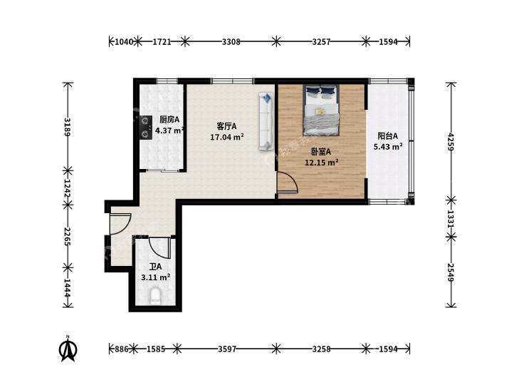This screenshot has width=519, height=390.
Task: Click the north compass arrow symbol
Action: click(68, 349)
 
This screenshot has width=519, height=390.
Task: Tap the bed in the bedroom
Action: click(321, 110)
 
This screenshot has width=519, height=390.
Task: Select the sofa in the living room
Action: click(266, 121)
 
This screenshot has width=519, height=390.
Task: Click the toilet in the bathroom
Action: click(155, 296)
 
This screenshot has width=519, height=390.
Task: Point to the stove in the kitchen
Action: click(145, 127)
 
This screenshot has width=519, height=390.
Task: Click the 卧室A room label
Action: click(321, 152)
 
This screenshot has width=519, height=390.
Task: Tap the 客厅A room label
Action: click(226, 126)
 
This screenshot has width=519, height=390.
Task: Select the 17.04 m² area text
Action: click(227, 136)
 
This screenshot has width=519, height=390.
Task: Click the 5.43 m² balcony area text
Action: click(388, 146)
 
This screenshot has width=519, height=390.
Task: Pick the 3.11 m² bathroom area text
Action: click(156, 277)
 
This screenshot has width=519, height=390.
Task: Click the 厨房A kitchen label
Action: click(169, 119)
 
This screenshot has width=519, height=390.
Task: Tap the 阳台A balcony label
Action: click(387, 136)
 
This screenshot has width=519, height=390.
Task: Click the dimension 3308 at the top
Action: click(231, 42)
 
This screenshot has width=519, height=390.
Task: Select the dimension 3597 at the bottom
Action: click(227, 349)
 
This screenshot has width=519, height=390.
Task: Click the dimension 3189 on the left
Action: click(68, 127)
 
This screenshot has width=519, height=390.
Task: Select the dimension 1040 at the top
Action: click(123, 42)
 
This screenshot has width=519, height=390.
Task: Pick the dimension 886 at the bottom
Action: click(121, 349)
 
